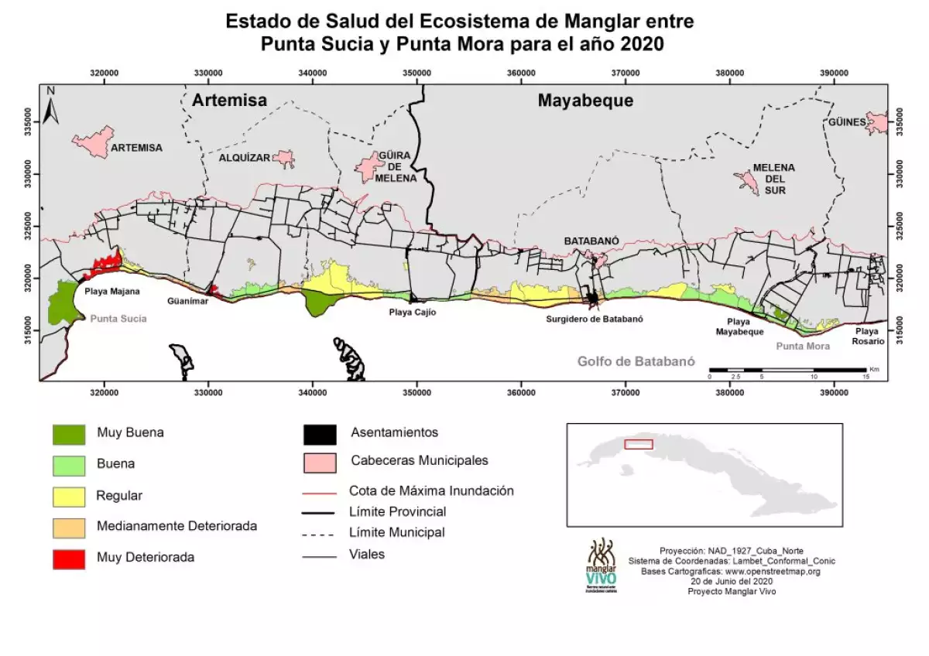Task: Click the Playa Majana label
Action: click(112, 292)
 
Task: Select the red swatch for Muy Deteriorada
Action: click(69, 557)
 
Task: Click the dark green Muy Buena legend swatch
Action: click(69, 434)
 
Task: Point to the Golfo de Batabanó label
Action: click(636, 361)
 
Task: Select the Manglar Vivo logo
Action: click(602, 565)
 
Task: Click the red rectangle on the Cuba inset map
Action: click(639, 444)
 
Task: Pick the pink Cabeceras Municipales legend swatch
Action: click(320, 462)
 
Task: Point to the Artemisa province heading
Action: click(229, 101)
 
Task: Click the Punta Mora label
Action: click(803, 346)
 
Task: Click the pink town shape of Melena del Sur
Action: click(746, 183)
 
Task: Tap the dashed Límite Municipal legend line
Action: click(320, 534)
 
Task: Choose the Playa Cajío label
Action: click(413, 313)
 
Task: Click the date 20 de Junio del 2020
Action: click(731, 581)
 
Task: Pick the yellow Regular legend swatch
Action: click(69, 496)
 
